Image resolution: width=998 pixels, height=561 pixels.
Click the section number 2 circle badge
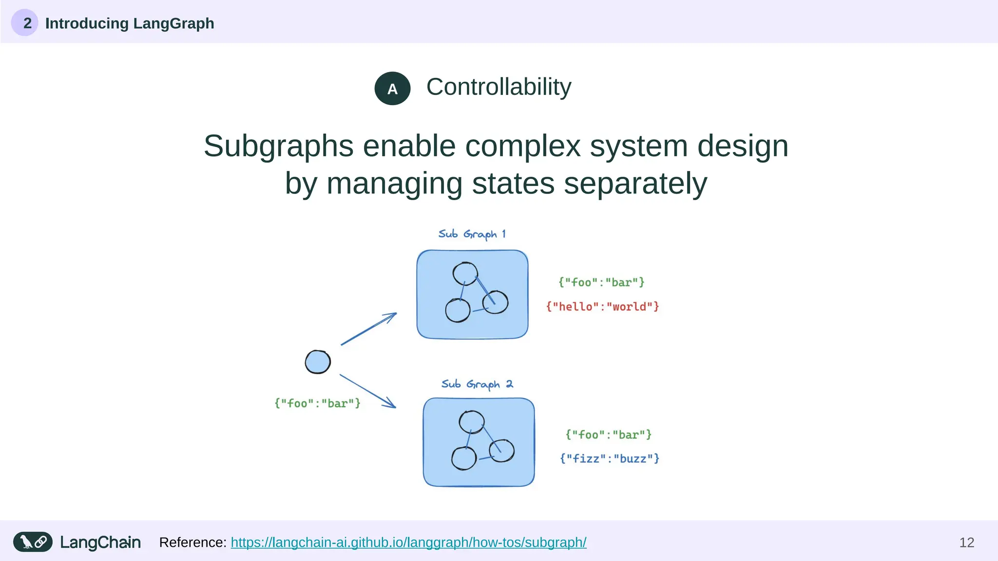click(x=25, y=23)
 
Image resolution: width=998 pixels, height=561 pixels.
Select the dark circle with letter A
click(x=392, y=89)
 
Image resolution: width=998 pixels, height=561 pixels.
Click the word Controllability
click(x=499, y=87)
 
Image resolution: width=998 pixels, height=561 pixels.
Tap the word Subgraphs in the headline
click(x=278, y=146)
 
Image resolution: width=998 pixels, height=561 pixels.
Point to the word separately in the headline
click(x=635, y=184)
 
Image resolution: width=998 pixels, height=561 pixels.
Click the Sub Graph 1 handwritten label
click(x=472, y=234)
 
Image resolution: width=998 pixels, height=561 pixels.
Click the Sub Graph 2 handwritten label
click(x=477, y=384)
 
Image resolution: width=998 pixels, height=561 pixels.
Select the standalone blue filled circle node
click(x=318, y=362)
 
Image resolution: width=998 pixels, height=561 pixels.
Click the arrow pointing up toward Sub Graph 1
click(x=368, y=329)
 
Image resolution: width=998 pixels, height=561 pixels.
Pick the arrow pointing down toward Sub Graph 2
click(x=367, y=391)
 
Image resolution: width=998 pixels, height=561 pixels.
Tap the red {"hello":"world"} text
click(x=602, y=307)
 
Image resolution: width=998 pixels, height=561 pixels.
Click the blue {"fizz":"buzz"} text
click(x=609, y=459)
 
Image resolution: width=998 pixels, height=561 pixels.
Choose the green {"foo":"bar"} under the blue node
click(x=317, y=403)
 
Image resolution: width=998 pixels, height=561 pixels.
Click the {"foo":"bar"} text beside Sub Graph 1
click(x=601, y=282)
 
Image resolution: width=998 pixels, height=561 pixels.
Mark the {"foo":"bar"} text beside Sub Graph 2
click(x=608, y=435)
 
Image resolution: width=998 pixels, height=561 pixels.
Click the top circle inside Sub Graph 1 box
click(x=465, y=274)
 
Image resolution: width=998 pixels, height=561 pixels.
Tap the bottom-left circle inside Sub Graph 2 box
click(x=463, y=459)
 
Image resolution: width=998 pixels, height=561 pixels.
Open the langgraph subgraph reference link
click(x=408, y=542)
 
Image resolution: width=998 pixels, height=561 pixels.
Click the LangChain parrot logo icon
click(x=33, y=542)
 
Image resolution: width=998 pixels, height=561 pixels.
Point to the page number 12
click(x=966, y=542)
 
